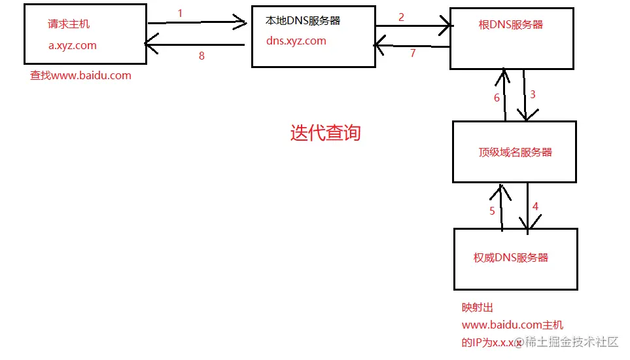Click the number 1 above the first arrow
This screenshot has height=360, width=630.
coord(180,12)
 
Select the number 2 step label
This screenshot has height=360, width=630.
coord(401,17)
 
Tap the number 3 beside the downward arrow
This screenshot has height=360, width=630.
coord(533,94)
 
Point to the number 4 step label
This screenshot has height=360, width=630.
coord(535,206)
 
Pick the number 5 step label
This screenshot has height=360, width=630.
coord(493,211)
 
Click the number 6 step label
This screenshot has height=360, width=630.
coord(497,98)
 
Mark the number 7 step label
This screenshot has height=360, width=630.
coord(413,54)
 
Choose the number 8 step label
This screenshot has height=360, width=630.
coord(201,56)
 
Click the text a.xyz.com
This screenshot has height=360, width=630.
coord(73,45)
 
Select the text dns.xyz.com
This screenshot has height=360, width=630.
coord(296,41)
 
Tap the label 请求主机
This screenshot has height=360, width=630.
coord(69,24)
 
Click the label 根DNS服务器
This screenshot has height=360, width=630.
coord(511,25)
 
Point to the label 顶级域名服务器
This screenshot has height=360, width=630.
coord(516,153)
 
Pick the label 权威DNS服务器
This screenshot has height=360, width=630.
coord(511,257)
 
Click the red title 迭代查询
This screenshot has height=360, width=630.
coord(325,134)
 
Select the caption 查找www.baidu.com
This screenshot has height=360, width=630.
coord(80,75)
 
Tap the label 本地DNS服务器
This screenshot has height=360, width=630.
coord(303,21)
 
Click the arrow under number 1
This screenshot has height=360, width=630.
coord(196,23)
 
